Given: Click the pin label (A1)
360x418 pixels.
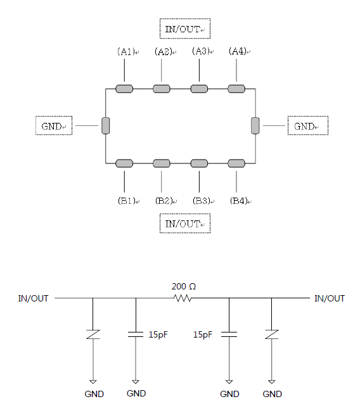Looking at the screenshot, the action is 126,51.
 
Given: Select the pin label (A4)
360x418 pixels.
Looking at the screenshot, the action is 238,51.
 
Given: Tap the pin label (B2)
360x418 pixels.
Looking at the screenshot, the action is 164,201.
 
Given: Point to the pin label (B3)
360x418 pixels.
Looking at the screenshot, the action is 202,201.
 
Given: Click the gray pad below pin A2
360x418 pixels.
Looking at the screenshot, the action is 162,89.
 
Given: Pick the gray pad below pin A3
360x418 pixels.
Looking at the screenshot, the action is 199,89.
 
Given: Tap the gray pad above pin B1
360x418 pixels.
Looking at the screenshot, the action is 124,163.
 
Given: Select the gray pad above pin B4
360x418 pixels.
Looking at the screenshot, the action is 236,163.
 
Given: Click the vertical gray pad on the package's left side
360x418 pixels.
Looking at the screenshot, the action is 106,125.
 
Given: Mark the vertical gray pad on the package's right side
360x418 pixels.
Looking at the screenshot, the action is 255,125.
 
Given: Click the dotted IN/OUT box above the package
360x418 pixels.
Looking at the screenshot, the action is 185,28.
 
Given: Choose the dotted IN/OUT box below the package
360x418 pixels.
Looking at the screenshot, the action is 185,224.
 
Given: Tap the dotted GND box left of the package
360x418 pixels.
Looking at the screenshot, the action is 54,125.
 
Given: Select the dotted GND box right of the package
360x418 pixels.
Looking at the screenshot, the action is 308,125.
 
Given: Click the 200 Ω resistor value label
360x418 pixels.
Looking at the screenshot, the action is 184,286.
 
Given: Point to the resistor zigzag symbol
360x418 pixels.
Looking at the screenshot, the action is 183,298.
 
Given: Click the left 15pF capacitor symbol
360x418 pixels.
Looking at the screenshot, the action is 136,334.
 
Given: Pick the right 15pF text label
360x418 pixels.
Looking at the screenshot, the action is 203,334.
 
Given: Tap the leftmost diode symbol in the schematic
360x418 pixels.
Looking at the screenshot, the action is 93,334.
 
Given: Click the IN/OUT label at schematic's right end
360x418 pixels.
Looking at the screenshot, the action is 330,298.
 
